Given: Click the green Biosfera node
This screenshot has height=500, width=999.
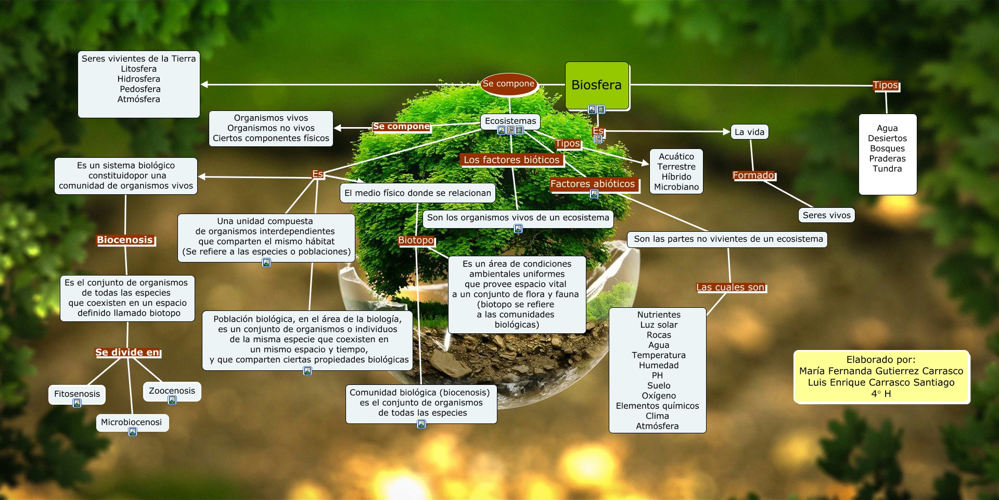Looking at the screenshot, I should tap(597, 85).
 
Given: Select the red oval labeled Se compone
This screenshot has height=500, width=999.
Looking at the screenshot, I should tap(508, 84).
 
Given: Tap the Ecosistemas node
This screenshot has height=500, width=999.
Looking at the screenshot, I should tap(510, 121).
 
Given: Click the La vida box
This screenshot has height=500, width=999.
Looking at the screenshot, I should tap(749, 132).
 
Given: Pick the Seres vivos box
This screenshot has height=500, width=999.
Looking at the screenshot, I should tap(826, 215).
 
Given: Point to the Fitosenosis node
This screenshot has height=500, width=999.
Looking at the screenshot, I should tap(77, 394).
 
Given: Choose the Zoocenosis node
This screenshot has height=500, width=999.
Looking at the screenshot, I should tap(172, 391).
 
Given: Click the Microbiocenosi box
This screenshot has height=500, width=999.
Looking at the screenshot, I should tap(132, 422).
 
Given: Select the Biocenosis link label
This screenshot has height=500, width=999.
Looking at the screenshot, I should tap(125, 240).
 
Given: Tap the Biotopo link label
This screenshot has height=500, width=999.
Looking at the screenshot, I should tap(416, 240).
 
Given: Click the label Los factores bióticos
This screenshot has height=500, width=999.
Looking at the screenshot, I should tap(511, 160).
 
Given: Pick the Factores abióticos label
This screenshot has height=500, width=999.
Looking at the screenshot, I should tap(593, 184).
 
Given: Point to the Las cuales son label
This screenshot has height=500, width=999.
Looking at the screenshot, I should tap(731, 287).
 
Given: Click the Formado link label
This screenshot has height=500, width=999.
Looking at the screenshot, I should tap(753, 176).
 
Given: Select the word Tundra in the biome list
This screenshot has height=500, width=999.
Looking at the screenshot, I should tap(887, 169).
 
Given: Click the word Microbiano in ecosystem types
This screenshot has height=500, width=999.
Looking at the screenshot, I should tap(676, 187).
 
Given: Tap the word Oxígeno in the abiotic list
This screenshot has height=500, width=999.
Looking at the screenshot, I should tap(658, 396).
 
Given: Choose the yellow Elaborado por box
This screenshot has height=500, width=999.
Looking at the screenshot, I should tap(881, 377).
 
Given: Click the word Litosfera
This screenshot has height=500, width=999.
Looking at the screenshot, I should tap(138, 69).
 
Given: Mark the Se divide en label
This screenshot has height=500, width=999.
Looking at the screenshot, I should tap(127, 353).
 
